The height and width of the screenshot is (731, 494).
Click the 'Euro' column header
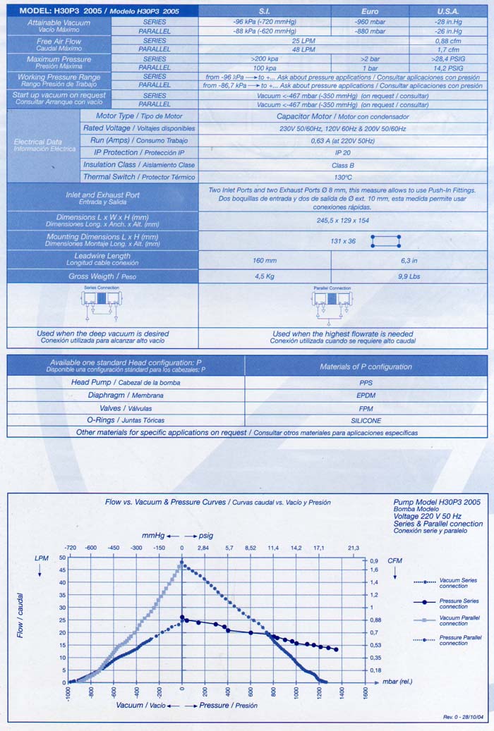pos(369,11)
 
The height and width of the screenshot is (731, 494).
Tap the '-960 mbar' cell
pos(369,22)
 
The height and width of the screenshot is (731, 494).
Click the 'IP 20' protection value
pos(342,152)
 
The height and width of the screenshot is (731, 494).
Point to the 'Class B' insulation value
pos(342,164)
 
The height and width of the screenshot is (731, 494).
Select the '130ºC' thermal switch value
pos(342,177)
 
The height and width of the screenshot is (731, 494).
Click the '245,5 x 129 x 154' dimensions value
pos(342,220)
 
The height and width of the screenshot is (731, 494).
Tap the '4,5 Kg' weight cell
pos(264,276)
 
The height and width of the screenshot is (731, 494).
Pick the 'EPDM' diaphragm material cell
pos(366,395)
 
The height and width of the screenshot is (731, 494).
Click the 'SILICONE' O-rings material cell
pos(366,420)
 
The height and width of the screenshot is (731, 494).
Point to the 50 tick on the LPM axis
pos(62,558)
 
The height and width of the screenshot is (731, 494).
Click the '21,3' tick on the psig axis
pos(353,548)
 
